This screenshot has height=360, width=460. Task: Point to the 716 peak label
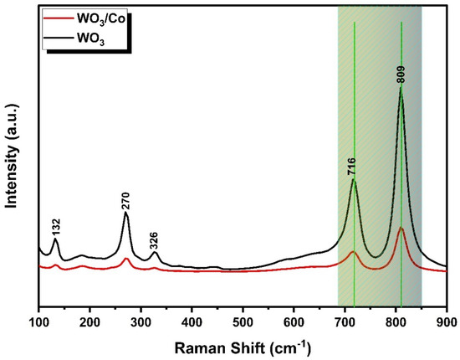[x=352, y=165]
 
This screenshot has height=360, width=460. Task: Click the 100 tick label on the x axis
[x=39, y=320]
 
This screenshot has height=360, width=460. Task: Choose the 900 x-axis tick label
[x=447, y=320]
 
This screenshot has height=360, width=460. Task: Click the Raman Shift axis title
[x=243, y=345]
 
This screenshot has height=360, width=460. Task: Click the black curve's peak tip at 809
[x=401, y=87]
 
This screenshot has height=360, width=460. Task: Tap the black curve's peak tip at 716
[x=354, y=179]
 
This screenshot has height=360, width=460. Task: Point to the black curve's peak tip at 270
[x=125, y=213]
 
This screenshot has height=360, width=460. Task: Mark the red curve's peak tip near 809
[x=401, y=228]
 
